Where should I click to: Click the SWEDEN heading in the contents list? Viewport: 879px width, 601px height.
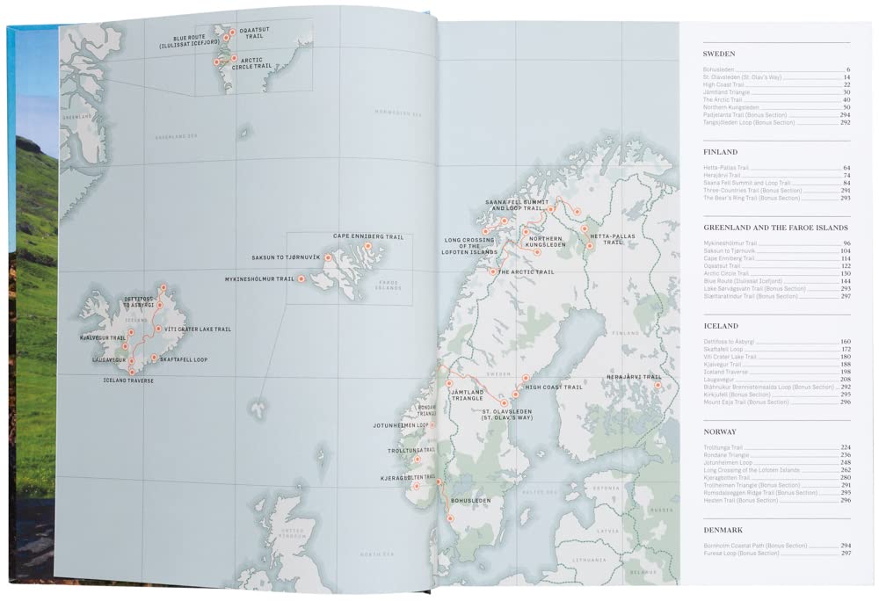pyautogui.click(x=719, y=54)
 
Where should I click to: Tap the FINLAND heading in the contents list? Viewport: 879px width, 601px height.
pyautogui.click(x=721, y=152)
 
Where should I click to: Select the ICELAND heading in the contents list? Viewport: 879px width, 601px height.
pyautogui.click(x=720, y=326)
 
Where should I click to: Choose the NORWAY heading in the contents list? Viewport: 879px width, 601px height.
pyautogui.click(x=720, y=431)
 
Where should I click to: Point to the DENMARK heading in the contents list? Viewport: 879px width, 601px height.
pyautogui.click(x=723, y=531)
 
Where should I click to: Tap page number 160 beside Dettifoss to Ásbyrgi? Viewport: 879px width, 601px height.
pyautogui.click(x=845, y=341)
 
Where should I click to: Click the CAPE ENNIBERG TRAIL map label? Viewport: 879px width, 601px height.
pyautogui.click(x=367, y=236)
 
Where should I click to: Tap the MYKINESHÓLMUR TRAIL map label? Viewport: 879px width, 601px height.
pyautogui.click(x=259, y=279)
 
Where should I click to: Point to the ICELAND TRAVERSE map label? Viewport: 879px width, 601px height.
pyautogui.click(x=128, y=380)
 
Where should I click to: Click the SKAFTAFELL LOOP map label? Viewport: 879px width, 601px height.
pyautogui.click(x=185, y=359)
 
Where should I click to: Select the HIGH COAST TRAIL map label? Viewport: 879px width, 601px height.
pyautogui.click(x=554, y=387)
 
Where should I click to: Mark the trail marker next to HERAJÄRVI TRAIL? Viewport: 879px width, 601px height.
pyautogui.click(x=657, y=384)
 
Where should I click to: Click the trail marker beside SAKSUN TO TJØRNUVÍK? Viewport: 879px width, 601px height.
pyautogui.click(x=328, y=258)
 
